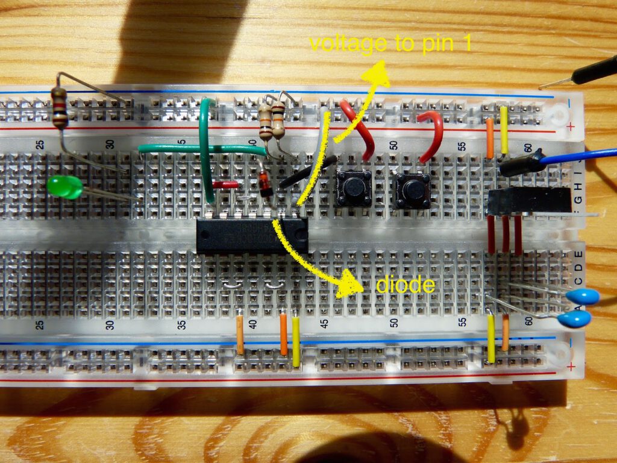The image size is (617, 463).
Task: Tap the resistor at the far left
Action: coord(59,107)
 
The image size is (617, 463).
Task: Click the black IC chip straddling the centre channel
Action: coord(252,235)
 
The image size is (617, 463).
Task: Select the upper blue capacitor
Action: coord(583,296)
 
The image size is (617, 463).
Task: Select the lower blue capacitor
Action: coord(576,319)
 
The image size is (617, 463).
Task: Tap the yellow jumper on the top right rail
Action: coord(504,130)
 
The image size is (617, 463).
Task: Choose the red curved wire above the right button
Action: coord(430,134)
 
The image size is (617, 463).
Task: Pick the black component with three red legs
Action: coord(529,201)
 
